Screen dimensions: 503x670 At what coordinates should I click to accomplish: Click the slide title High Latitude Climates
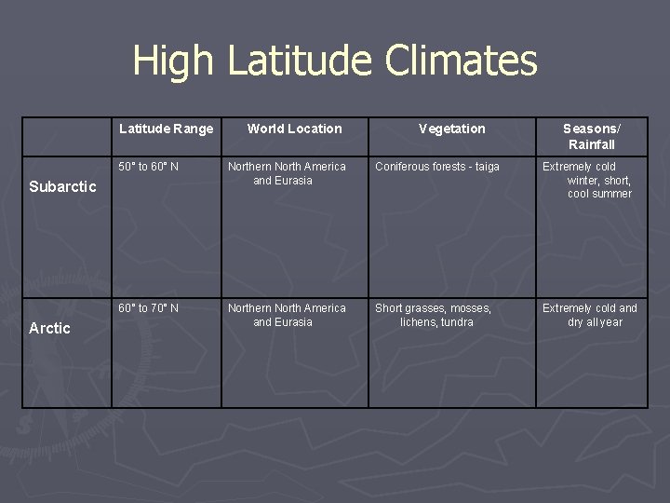pyautogui.click(x=335, y=61)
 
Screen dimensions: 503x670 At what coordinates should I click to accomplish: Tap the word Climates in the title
pyautogui.click(x=461, y=61)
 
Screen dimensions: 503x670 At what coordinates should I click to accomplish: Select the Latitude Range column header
pyautogui.click(x=167, y=129)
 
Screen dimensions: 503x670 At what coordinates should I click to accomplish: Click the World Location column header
pyautogui.click(x=294, y=129)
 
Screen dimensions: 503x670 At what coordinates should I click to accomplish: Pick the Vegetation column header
pyautogui.click(x=452, y=129)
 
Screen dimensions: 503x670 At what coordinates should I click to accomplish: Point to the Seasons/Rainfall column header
pyautogui.click(x=591, y=136)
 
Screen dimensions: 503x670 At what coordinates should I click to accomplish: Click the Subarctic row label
pyautogui.click(x=62, y=186)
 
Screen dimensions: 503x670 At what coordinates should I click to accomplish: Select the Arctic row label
pyautogui.click(x=49, y=328)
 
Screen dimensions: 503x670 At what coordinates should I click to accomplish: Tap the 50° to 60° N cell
pyautogui.click(x=149, y=167)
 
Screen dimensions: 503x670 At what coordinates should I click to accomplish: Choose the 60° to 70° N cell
pyautogui.click(x=149, y=308)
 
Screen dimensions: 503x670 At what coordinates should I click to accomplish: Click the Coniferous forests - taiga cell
pyautogui.click(x=437, y=167)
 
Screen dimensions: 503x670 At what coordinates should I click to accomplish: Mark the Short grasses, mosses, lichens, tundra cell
pyautogui.click(x=434, y=315)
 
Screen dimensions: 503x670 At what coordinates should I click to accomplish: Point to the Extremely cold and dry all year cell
pyautogui.click(x=590, y=315)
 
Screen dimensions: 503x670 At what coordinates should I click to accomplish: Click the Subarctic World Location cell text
pyautogui.click(x=287, y=173)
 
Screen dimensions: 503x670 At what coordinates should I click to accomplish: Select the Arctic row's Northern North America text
pyautogui.click(x=287, y=308)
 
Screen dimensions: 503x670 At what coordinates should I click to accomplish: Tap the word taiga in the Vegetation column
pyautogui.click(x=486, y=167)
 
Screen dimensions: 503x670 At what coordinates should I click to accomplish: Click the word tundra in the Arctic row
pyautogui.click(x=456, y=322)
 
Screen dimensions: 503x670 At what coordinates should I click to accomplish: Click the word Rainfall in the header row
pyautogui.click(x=592, y=144)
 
